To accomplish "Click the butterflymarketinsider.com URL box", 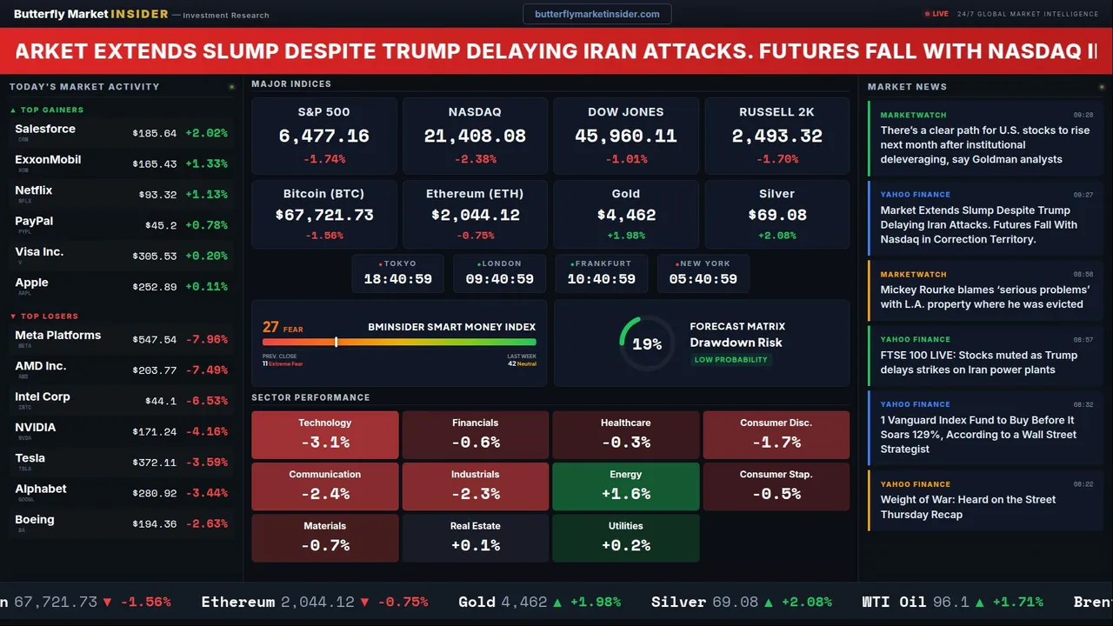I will (x=596, y=14).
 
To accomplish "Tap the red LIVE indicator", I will (x=937, y=14).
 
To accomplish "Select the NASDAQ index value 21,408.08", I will (x=475, y=137).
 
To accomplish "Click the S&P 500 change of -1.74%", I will (x=324, y=159).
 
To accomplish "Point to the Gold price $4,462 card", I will (x=626, y=215).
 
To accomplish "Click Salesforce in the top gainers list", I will (x=45, y=130).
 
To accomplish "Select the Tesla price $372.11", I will (x=155, y=463).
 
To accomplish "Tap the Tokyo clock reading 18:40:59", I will (x=397, y=279).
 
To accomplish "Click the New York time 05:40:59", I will (x=703, y=279).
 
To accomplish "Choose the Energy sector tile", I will (x=626, y=486).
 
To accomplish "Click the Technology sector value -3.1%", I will (x=325, y=442).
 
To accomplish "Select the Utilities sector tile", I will (x=626, y=537).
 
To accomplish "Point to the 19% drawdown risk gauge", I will (x=646, y=344).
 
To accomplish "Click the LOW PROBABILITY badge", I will (x=730, y=360).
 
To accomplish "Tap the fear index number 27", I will (x=271, y=327).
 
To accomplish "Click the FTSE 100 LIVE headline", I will (x=978, y=362).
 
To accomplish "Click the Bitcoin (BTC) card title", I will (x=323, y=194).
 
